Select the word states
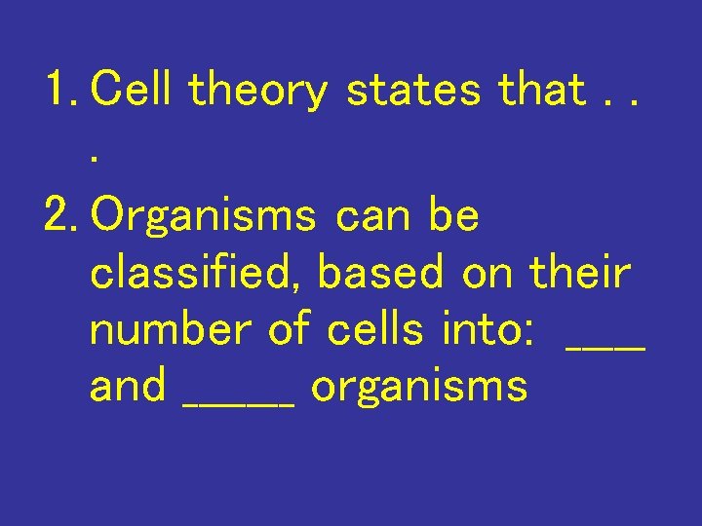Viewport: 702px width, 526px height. coord(414,91)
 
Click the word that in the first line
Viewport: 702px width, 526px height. coord(541,91)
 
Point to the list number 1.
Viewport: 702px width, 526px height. coord(60,91)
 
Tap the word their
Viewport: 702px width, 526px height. coord(580,273)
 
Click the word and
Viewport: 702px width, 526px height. coord(128,387)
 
